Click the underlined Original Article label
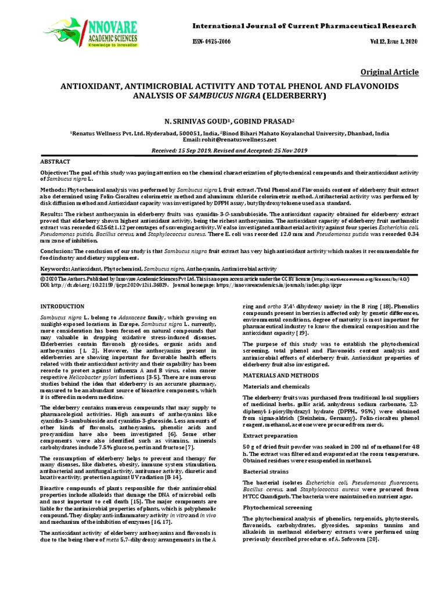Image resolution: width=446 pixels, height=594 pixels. pos(389,72)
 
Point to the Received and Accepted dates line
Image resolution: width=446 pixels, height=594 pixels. pos(229,150)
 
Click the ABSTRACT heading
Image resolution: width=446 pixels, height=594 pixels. pos(55,161)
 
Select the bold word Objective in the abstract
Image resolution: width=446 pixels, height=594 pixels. pos(53,173)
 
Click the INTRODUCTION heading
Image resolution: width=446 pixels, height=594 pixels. pos(62,306)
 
